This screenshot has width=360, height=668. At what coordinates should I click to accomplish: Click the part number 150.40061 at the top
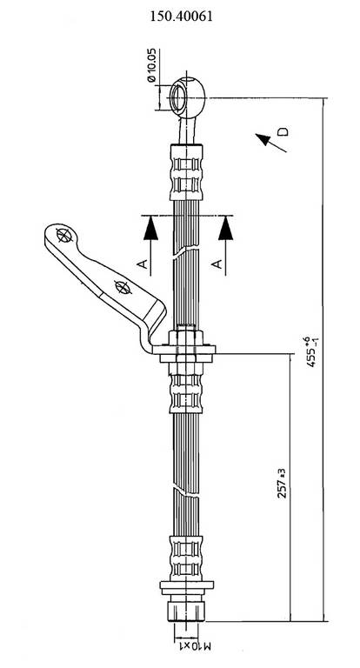click(181, 17)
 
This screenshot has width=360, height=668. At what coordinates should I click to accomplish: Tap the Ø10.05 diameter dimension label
click(151, 65)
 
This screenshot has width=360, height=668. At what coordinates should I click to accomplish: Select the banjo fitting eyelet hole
click(177, 98)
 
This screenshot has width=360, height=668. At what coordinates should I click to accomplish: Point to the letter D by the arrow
click(283, 131)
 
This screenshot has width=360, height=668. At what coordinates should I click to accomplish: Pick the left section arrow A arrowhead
click(150, 228)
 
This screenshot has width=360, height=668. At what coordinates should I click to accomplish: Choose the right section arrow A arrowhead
click(225, 228)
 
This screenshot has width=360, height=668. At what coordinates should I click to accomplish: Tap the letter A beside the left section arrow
click(143, 264)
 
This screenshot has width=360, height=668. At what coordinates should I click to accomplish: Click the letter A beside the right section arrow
click(217, 264)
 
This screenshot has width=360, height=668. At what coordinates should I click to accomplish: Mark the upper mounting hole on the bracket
click(63, 235)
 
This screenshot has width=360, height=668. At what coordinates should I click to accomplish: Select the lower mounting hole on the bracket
click(123, 287)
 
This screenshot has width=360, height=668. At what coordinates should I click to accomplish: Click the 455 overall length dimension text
click(315, 352)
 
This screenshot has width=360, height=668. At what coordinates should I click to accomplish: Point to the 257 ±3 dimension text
click(281, 483)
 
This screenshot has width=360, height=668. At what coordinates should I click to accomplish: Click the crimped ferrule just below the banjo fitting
click(186, 172)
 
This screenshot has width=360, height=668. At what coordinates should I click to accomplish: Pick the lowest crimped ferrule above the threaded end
click(185, 558)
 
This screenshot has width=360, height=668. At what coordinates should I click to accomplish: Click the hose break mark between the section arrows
click(186, 252)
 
